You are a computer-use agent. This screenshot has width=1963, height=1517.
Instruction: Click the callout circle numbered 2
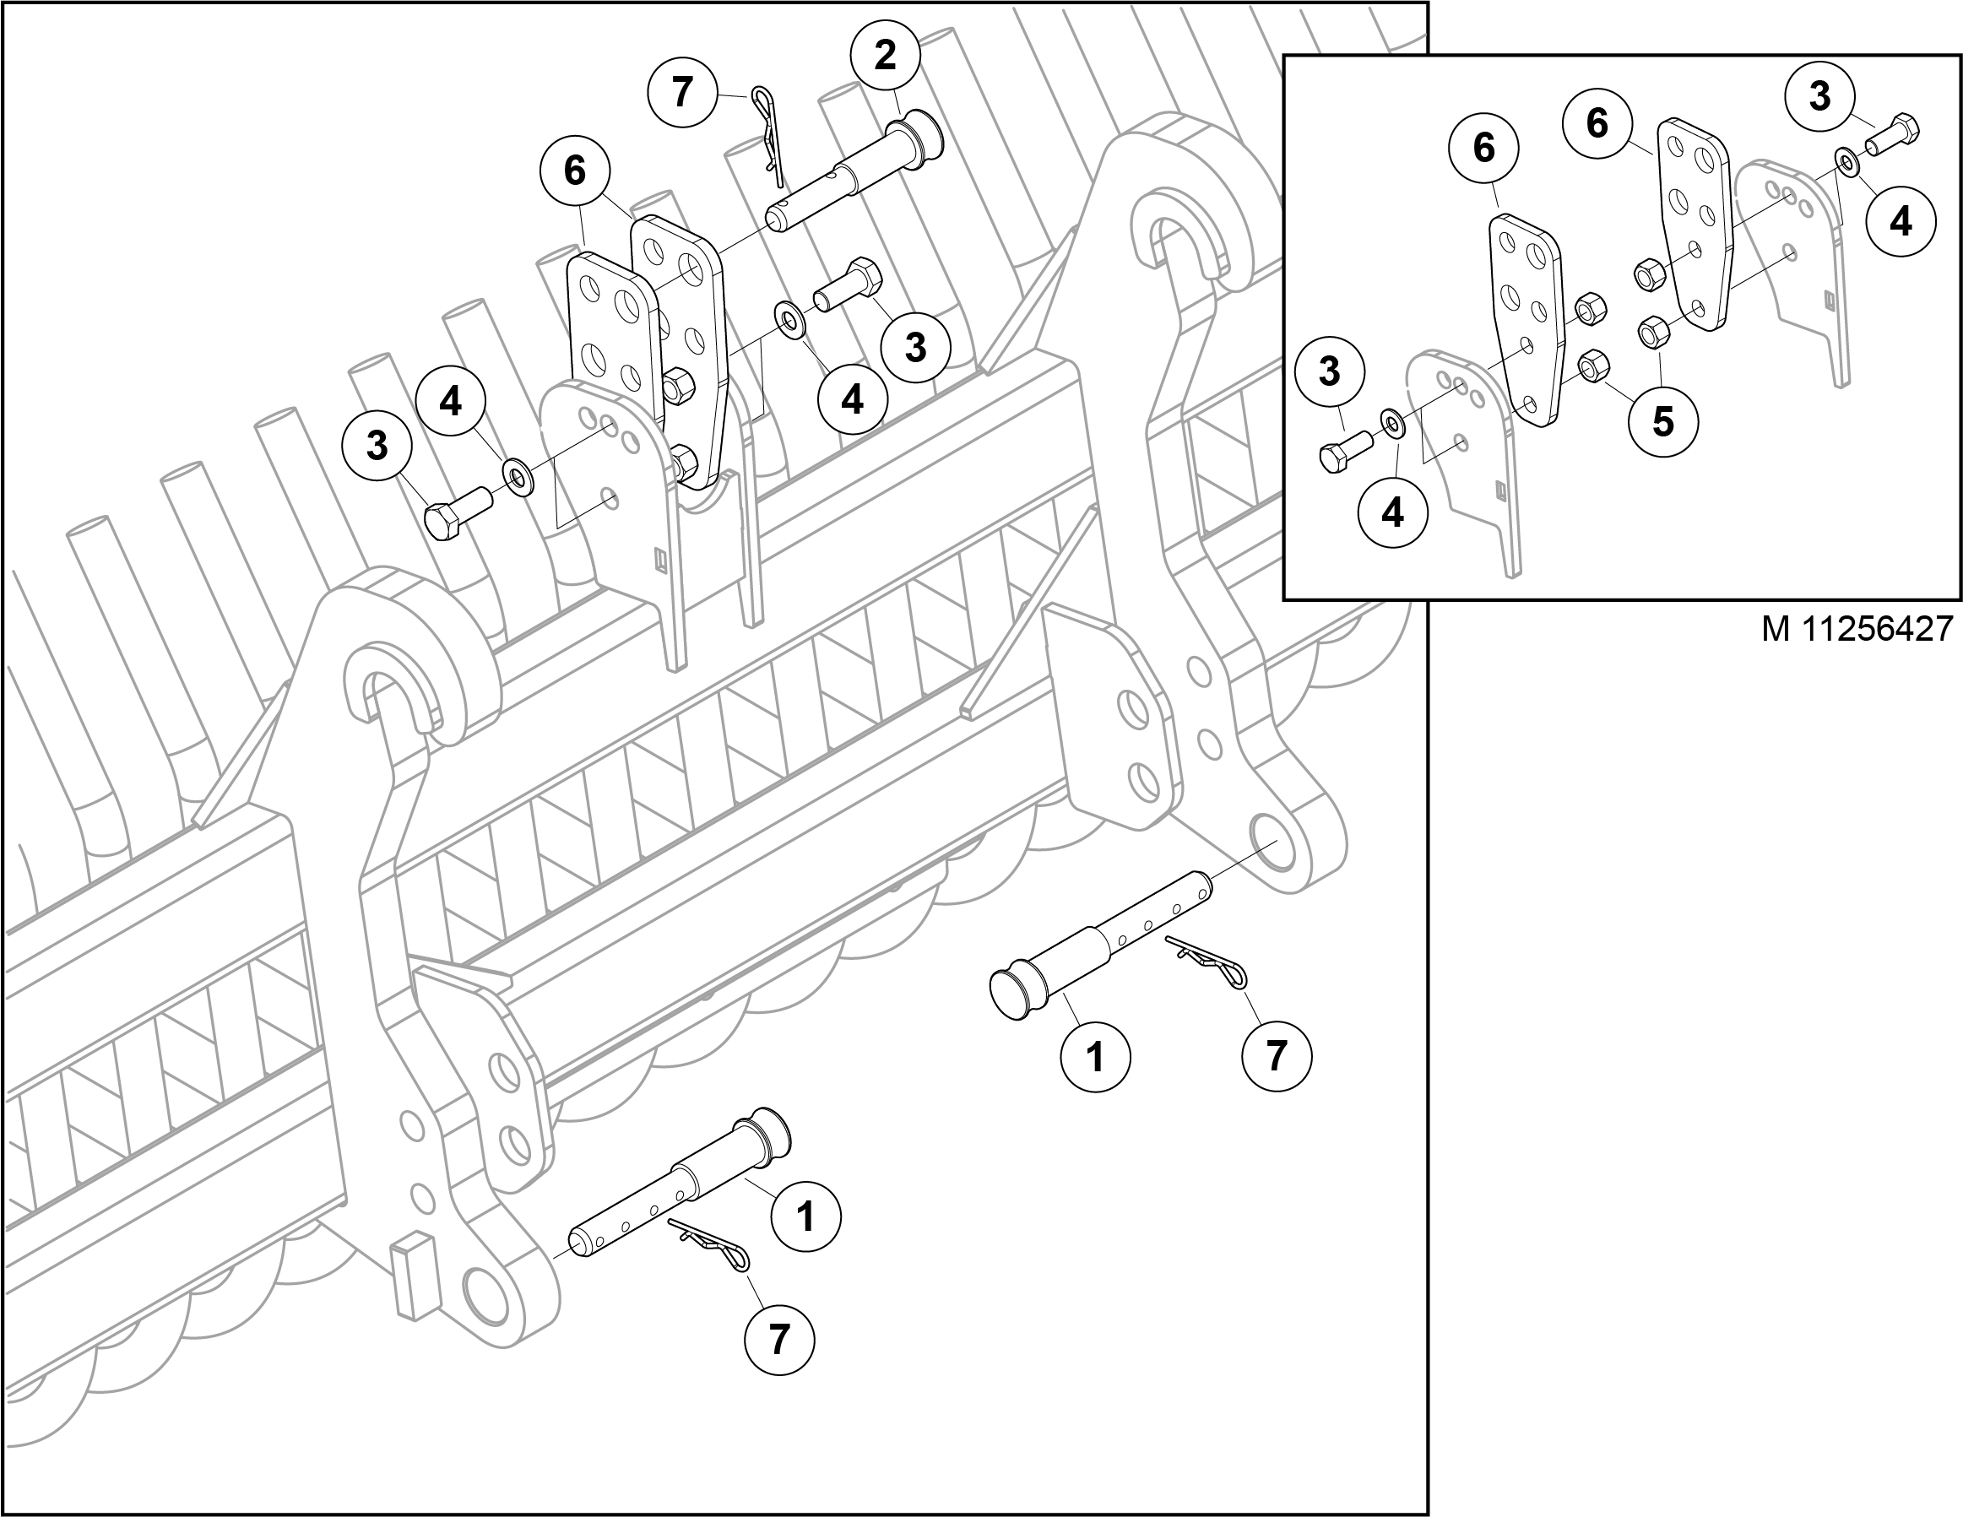(886, 57)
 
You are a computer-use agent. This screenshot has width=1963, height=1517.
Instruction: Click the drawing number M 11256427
(1857, 629)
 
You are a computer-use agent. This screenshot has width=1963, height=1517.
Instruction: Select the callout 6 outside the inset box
(575, 170)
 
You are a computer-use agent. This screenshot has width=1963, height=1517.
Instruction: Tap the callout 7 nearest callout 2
(683, 92)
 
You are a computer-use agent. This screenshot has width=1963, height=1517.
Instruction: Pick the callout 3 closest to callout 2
(915, 346)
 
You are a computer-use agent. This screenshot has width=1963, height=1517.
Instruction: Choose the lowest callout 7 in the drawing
(779, 1339)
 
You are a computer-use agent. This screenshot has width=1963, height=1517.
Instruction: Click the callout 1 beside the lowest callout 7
(805, 1216)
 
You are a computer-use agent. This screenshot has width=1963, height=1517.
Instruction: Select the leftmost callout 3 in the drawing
(377, 445)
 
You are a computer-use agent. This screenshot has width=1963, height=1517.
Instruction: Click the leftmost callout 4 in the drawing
(450, 401)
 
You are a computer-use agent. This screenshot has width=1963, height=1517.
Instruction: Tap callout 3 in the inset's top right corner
(1819, 96)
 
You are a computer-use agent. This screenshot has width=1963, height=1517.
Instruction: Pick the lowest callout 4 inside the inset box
(1392, 512)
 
